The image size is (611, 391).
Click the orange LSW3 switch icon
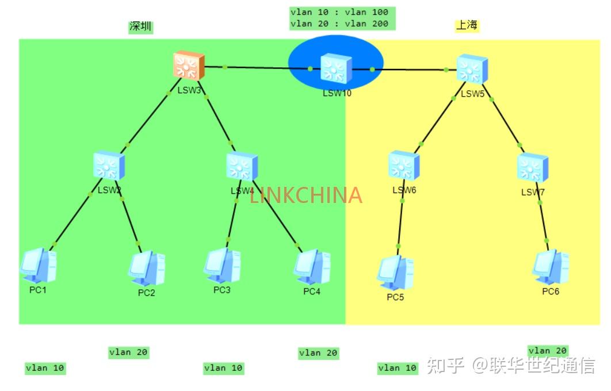[189, 66]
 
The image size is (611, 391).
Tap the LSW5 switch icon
[472, 69]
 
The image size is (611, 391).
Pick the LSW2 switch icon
[109, 166]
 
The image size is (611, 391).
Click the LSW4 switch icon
[242, 167]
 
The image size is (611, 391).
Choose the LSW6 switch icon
[404, 166]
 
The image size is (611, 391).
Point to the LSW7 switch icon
[532, 168]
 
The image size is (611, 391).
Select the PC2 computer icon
[146, 269]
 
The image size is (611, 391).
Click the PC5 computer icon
[395, 273]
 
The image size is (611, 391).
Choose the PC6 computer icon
[551, 267]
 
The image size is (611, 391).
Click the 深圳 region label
[141, 26]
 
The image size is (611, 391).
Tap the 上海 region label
[467, 25]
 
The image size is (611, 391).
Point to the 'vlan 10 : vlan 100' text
[339, 12]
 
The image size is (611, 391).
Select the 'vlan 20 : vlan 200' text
[339, 24]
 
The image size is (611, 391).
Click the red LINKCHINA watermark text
[305, 195]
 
